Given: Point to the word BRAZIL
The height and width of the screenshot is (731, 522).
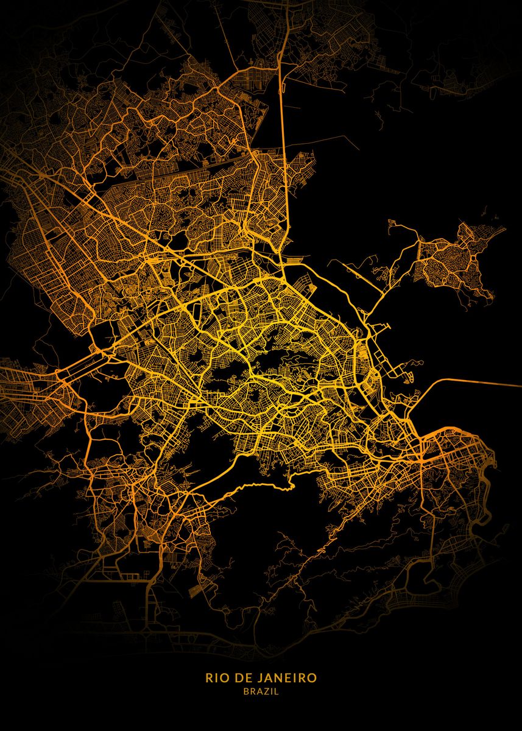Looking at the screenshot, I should pyautogui.click(x=261, y=691).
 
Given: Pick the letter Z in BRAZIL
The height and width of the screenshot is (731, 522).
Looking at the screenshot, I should pyautogui.click(x=268, y=691).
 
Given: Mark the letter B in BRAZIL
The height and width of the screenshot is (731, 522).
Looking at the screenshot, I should pyautogui.click(x=246, y=691).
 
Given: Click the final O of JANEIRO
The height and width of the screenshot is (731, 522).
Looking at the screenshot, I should pyautogui.click(x=312, y=678).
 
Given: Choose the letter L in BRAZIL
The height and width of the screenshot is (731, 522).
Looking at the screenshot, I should pyautogui.click(x=276, y=691).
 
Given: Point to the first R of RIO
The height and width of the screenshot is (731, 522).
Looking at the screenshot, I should pyautogui.click(x=209, y=678).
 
